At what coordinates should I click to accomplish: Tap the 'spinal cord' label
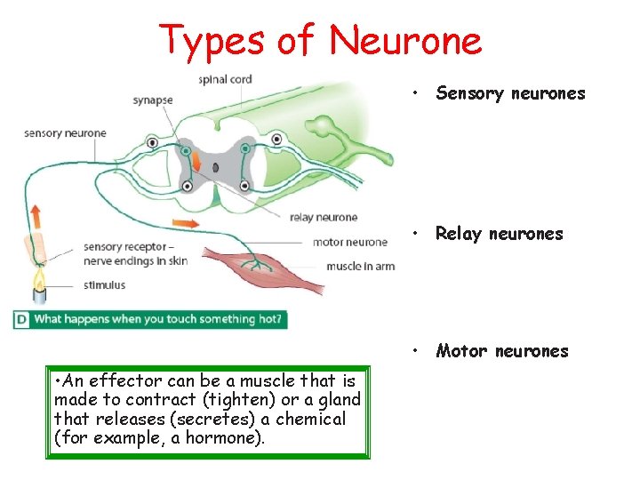click(225, 80)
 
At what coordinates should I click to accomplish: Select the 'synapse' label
click(152, 100)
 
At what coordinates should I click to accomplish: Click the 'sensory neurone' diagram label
click(65, 133)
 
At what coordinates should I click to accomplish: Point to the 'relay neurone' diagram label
click(324, 217)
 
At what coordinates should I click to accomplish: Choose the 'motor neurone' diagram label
click(350, 242)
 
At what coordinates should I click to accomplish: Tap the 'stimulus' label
click(105, 285)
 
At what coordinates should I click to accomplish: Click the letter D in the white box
click(20, 318)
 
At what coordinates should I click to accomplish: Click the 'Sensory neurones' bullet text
click(510, 93)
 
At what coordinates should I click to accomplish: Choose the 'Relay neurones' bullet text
click(499, 234)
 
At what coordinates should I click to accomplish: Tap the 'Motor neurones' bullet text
click(501, 351)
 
